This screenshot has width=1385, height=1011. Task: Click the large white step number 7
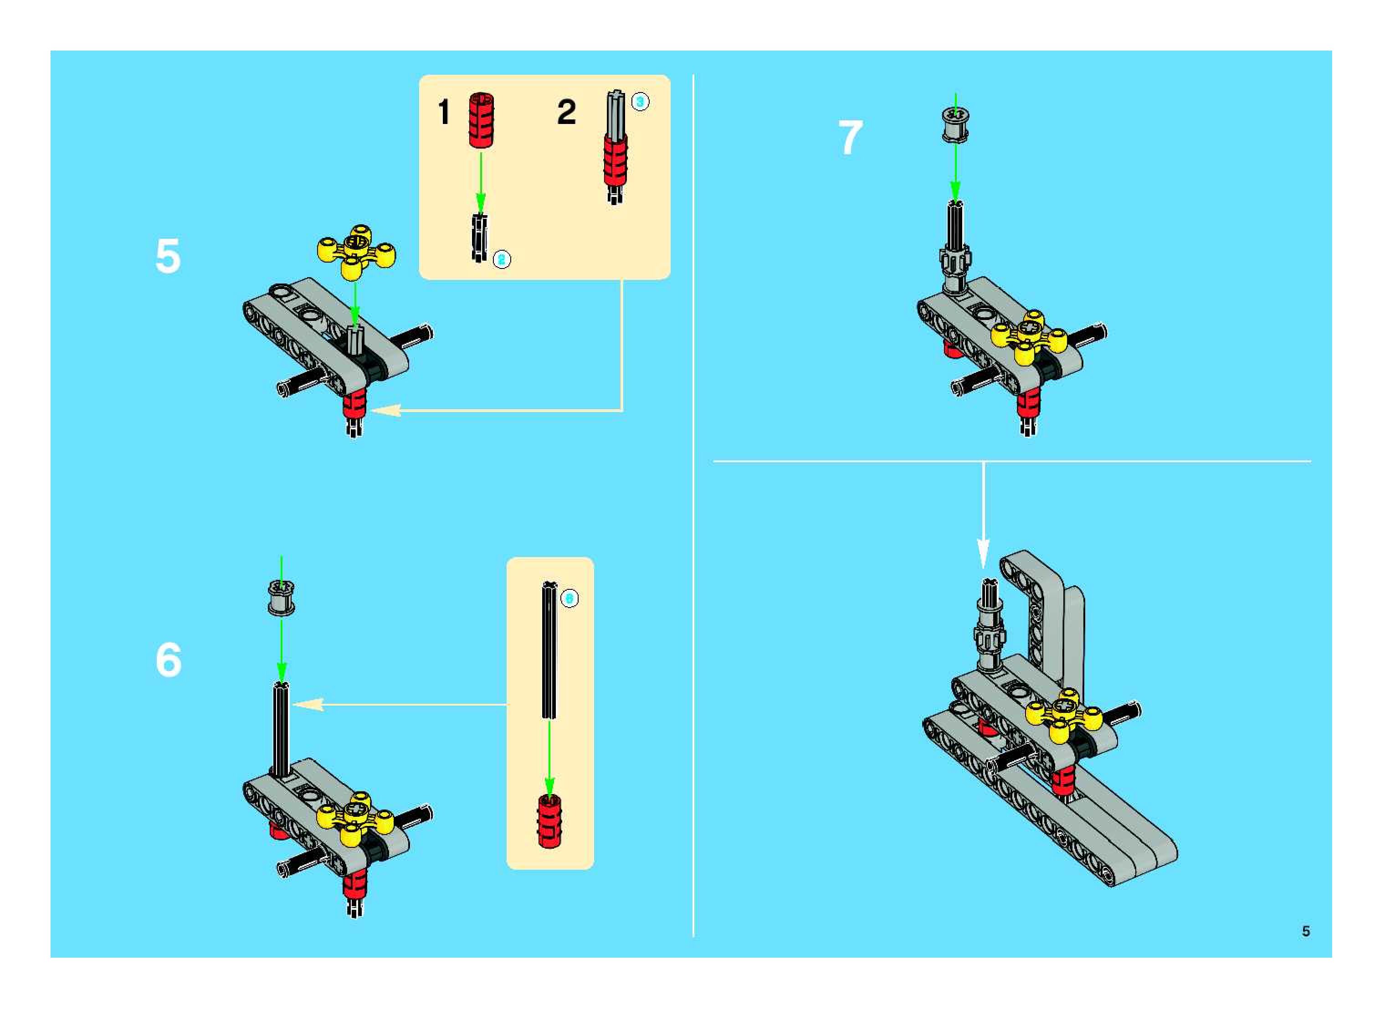[x=850, y=138]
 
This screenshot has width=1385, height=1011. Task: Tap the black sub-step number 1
[x=444, y=113]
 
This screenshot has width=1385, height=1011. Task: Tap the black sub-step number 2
[x=566, y=113]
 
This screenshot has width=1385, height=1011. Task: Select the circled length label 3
[x=640, y=102]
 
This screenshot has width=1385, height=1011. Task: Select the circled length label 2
[x=501, y=259]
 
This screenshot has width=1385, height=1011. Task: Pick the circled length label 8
[x=569, y=598]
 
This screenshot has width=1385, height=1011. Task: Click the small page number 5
[x=1305, y=931]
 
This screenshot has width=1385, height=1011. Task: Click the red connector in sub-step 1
[x=482, y=120]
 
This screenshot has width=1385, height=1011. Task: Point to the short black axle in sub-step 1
[x=480, y=237]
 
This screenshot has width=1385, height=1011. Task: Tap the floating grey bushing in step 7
[x=955, y=125]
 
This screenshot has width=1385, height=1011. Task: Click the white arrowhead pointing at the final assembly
[x=982, y=553]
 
